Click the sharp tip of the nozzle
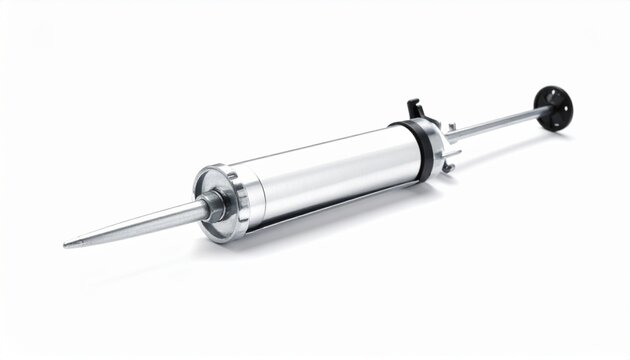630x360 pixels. click(x=67, y=243)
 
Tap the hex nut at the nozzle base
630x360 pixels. click(x=212, y=204)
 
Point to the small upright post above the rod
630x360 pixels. click(x=451, y=127)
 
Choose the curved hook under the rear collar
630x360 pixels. click(x=449, y=166)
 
